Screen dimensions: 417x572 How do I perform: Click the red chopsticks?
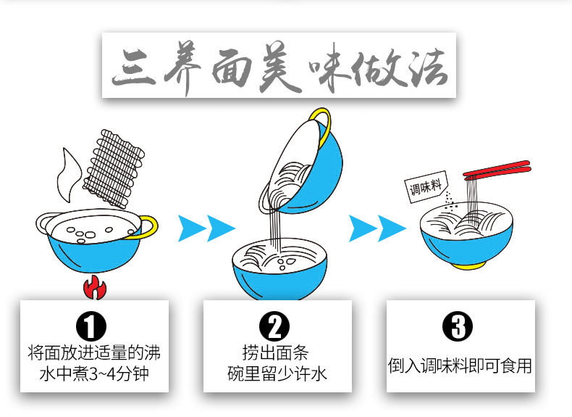pyautogui.click(x=497, y=172)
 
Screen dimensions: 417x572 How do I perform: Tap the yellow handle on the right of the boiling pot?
pyautogui.click(x=148, y=226)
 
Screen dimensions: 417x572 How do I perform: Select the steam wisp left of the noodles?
pyautogui.click(x=70, y=174)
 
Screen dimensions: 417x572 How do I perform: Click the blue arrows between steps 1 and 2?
pyautogui.click(x=207, y=228)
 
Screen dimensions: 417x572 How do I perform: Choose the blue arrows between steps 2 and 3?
pyautogui.click(x=377, y=228)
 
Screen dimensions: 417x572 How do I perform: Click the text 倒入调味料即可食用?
pyautogui.click(x=460, y=365)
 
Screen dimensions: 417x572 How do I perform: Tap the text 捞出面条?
pyautogui.click(x=275, y=354)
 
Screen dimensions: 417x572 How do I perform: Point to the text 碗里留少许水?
pyautogui.click(x=275, y=374)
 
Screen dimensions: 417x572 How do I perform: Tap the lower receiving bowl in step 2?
pyautogui.click(x=279, y=276)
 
